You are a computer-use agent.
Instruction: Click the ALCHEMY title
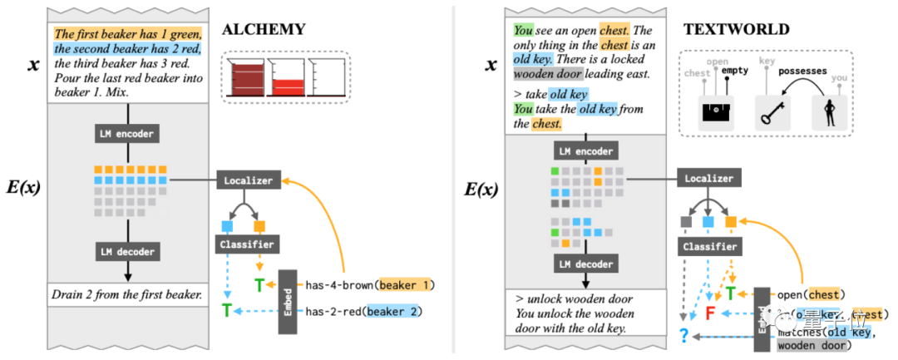coord(264,29)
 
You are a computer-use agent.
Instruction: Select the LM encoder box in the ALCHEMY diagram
coord(127,133)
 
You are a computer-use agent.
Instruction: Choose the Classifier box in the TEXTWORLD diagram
coord(709,247)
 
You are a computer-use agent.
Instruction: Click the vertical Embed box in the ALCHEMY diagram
coord(287,302)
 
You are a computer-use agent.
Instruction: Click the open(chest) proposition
coord(812,294)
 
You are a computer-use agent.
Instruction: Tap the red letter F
coord(709,314)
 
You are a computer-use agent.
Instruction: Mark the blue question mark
coord(683,336)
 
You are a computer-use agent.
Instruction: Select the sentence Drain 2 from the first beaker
coord(127,293)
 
